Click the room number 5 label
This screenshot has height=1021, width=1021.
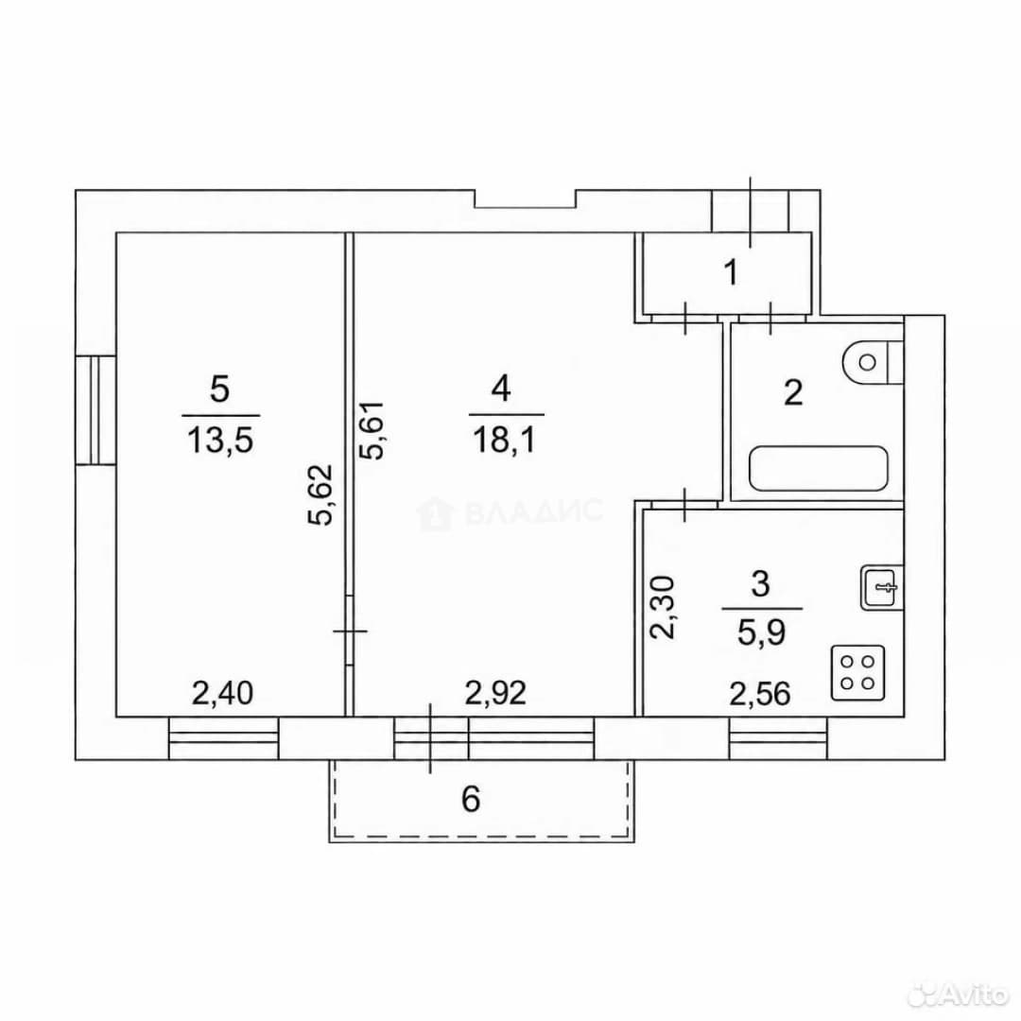[220, 390]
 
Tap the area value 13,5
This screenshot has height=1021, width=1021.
[220, 441]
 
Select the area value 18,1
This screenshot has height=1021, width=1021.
[505, 441]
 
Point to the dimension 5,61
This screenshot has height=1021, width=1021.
[375, 430]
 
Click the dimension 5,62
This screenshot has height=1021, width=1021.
[320, 493]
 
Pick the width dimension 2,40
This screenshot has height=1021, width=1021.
[222, 693]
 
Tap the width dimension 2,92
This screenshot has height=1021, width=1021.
[495, 693]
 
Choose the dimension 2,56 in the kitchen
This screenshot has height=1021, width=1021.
[760, 694]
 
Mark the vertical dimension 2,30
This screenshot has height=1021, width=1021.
[665, 607]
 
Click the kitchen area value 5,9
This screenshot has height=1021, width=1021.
[761, 632]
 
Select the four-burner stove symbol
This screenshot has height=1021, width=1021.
[857, 673]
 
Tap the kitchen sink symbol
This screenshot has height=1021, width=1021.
[882, 587]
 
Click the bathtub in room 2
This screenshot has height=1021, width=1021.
[819, 469]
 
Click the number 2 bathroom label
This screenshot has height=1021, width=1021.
[793, 392]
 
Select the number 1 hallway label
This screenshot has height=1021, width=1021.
[731, 272]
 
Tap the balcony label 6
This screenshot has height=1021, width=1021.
[471, 798]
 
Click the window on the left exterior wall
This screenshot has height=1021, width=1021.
[95, 409]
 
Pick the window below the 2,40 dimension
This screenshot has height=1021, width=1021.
[223, 737]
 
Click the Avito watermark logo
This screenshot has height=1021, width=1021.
[958, 994]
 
